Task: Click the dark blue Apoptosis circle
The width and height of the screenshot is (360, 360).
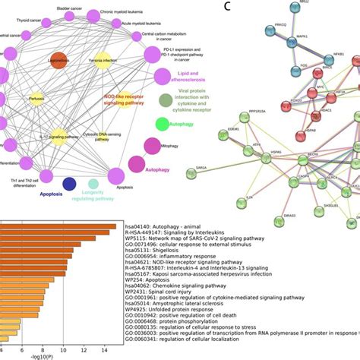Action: click(x=69, y=182)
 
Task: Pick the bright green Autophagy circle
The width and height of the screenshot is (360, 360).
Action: click(x=163, y=124)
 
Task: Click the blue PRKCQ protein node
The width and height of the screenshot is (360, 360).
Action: click(x=271, y=33)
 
